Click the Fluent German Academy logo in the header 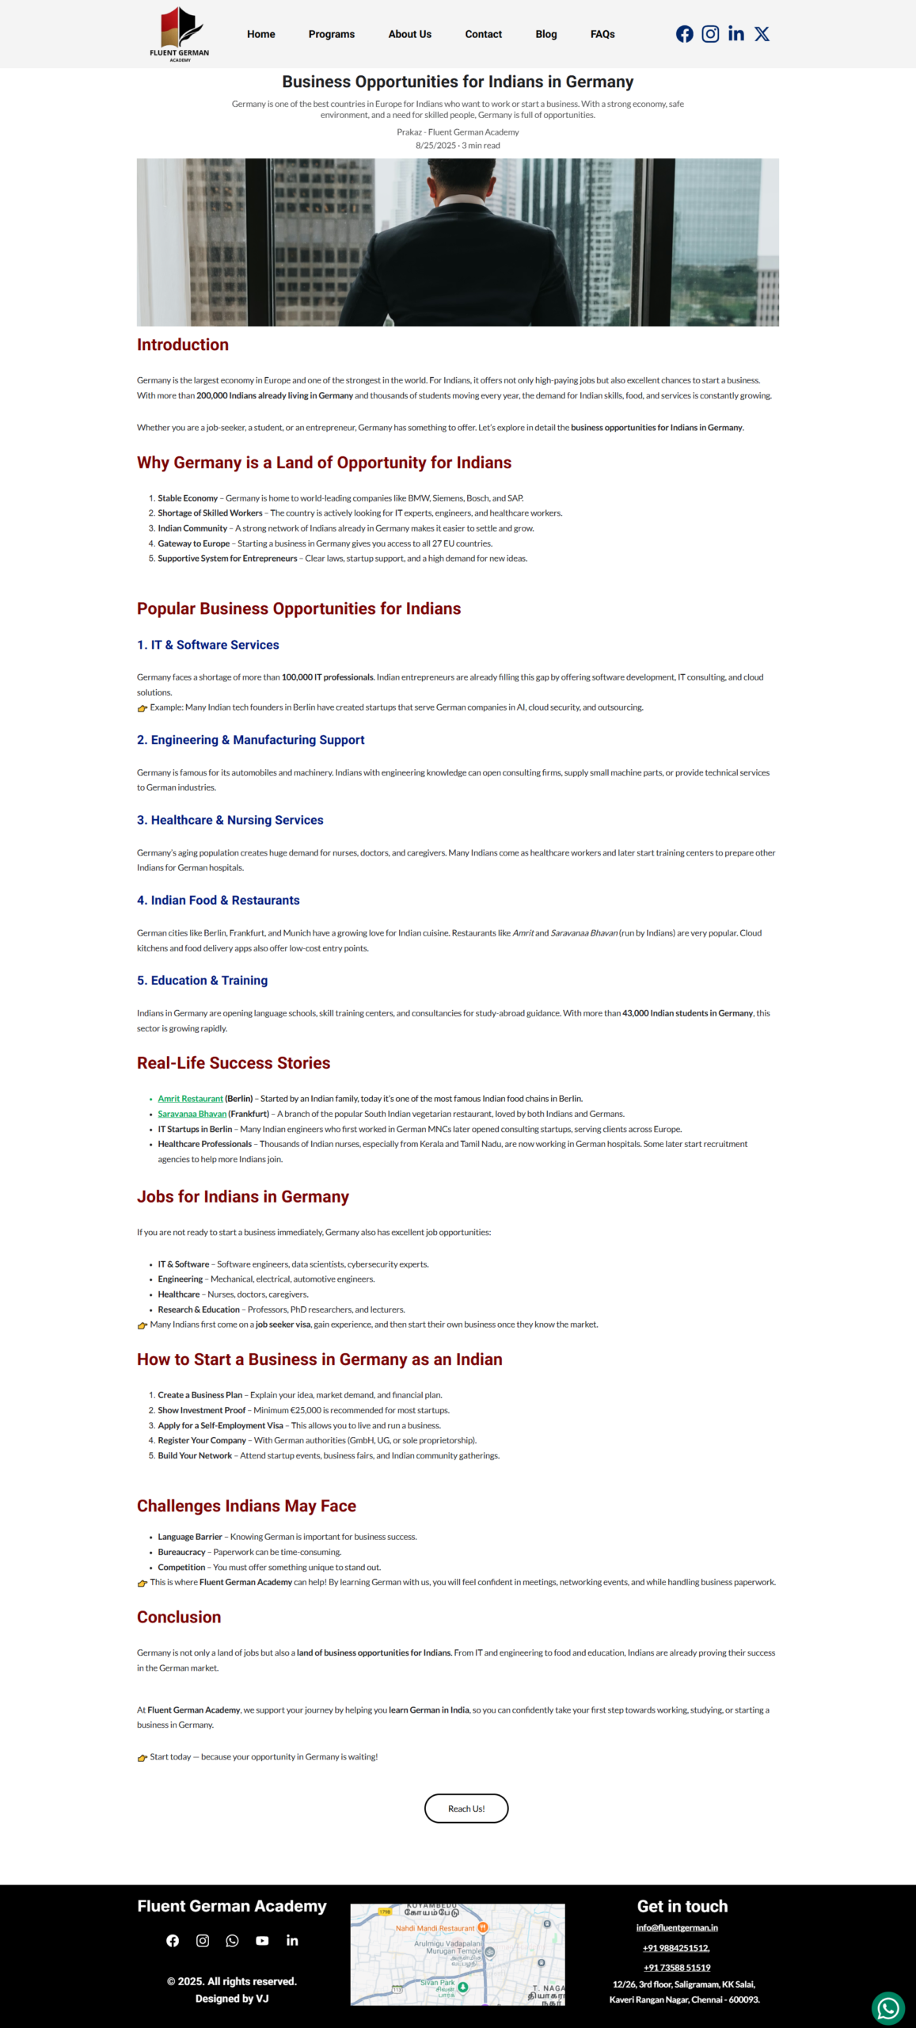pos(180,34)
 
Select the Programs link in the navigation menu pos(331,34)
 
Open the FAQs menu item pos(602,34)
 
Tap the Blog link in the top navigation pos(546,34)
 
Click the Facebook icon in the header pos(685,34)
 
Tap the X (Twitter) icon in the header pos(762,34)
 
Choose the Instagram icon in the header pos(710,34)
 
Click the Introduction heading pos(183,345)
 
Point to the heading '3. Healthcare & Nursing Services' pos(230,820)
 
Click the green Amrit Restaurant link pos(190,1099)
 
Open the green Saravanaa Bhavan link pos(192,1114)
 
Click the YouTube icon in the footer pos(262,1941)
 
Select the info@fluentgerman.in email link pos(677,1928)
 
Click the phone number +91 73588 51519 pos(677,1968)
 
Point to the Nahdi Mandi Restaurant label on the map pos(435,1928)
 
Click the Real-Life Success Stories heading pos(234,1063)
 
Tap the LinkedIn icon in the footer pos(292,1941)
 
